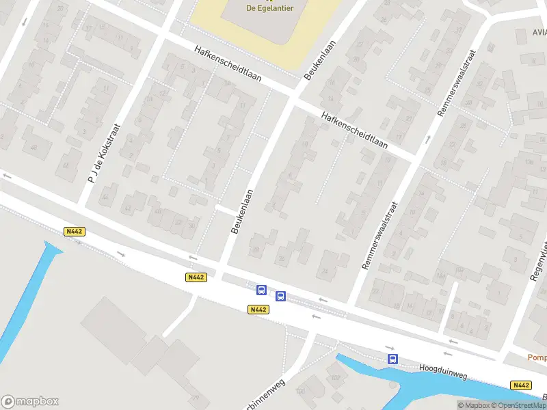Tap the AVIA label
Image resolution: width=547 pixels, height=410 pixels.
(x=539, y=32)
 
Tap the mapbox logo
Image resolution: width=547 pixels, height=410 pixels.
(x=30, y=402)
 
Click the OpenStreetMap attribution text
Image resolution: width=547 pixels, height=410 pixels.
(x=516, y=405)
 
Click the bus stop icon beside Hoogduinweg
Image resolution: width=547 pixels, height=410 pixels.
(x=392, y=359)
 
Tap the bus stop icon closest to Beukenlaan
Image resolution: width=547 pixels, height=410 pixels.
(x=261, y=290)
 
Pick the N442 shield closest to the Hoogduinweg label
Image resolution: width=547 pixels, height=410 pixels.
(x=520, y=385)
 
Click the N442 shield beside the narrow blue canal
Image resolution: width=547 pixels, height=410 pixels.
(x=74, y=232)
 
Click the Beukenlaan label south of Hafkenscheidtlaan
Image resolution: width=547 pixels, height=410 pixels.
(x=243, y=212)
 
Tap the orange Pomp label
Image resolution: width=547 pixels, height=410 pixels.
(x=537, y=357)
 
